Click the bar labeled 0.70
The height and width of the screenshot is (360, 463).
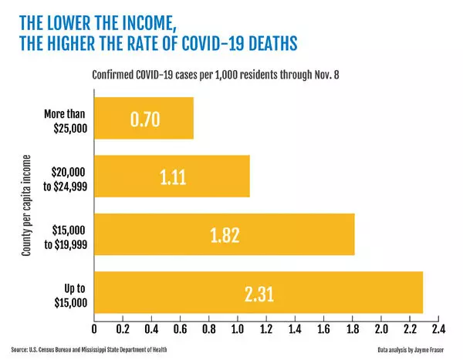tap(144, 118)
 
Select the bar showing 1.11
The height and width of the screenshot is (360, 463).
tap(171, 176)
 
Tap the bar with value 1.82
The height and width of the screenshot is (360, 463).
tap(224, 234)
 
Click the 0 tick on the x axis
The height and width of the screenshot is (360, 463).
tap(94, 328)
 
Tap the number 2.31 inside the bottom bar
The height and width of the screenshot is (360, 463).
tap(259, 293)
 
